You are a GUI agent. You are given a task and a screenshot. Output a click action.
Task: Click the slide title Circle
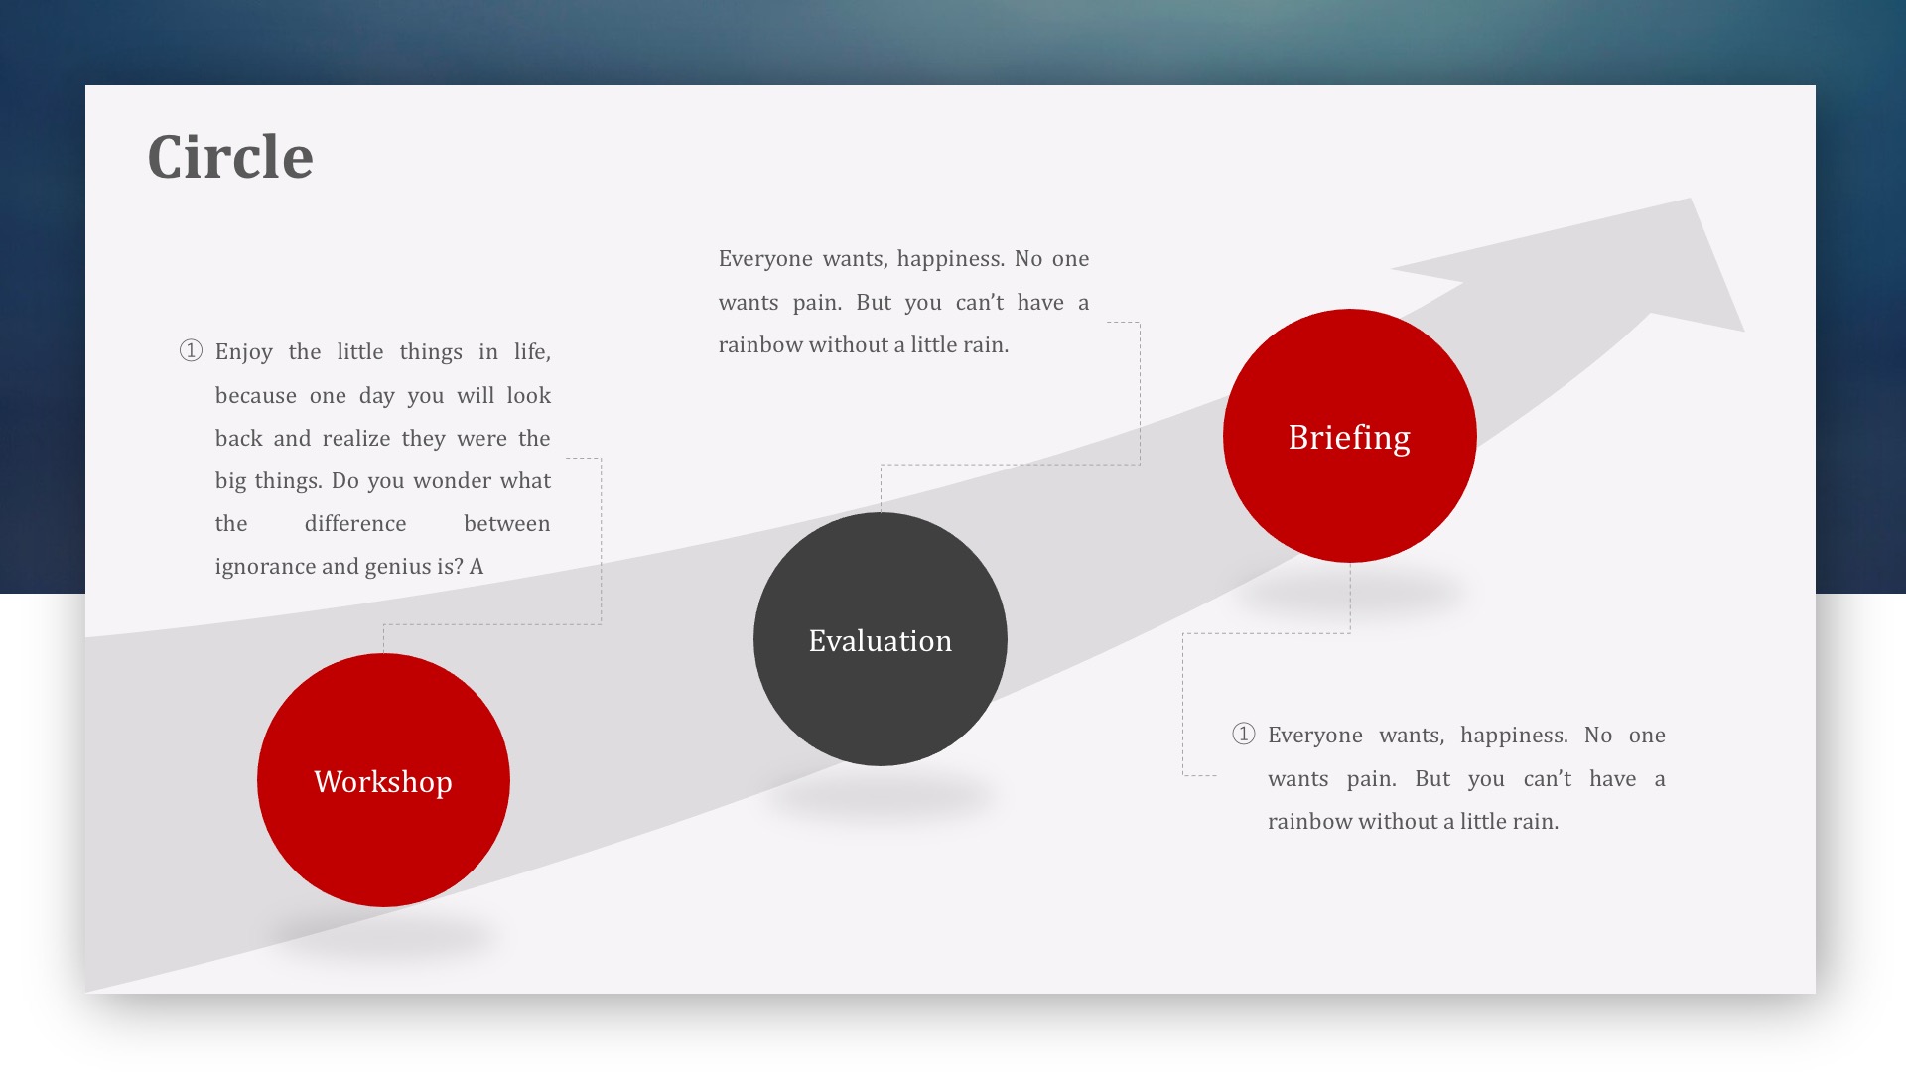[x=230, y=157]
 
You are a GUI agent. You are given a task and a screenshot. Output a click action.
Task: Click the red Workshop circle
[x=383, y=780]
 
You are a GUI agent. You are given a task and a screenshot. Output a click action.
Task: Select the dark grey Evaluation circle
[x=881, y=639]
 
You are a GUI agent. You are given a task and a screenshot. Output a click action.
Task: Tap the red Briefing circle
[x=1350, y=436]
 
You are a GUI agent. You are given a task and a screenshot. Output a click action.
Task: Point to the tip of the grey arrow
[x=1691, y=199]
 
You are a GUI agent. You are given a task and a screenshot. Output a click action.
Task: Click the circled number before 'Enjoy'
[x=191, y=350]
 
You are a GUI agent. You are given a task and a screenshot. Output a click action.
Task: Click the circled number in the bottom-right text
[x=1244, y=734]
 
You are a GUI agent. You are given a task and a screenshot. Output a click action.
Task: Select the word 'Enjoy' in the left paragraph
[x=244, y=352]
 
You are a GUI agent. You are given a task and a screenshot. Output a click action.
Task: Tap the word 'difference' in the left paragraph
[x=355, y=524]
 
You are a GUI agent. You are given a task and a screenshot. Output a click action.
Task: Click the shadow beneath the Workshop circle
[x=383, y=936]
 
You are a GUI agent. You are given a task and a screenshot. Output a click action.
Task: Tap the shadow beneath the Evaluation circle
[x=881, y=795]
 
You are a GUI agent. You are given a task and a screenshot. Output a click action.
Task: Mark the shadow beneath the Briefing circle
[x=1350, y=594]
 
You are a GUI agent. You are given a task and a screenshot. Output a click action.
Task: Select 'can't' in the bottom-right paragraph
[x=1548, y=779]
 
